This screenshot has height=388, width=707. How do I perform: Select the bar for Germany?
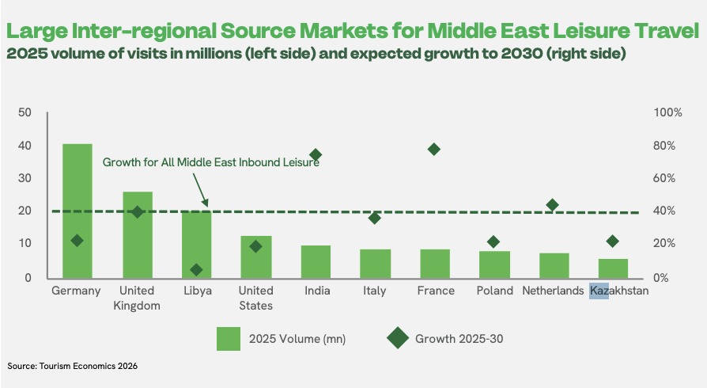77,211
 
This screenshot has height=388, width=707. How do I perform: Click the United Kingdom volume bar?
138,235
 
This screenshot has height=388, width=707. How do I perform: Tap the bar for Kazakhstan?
613,268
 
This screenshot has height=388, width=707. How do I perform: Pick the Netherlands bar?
554,265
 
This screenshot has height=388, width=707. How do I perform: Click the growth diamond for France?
433,149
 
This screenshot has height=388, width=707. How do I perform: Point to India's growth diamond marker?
316,155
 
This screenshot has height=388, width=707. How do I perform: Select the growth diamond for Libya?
196,270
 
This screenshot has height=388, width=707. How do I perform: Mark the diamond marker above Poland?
493,242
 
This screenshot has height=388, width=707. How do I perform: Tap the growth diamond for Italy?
374,219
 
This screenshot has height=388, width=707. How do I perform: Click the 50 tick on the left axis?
25,112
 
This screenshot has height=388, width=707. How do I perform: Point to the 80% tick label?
664,146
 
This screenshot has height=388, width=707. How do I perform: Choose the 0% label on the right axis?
660,277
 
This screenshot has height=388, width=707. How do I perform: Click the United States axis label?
255,298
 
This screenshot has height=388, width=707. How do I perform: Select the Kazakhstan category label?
619,291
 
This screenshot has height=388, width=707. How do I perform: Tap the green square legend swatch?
228,339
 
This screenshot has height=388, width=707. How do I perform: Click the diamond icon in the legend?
398,338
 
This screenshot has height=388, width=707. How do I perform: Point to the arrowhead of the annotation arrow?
206,206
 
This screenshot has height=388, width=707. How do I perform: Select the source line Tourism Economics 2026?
89,366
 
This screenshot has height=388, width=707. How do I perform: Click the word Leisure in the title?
591,31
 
